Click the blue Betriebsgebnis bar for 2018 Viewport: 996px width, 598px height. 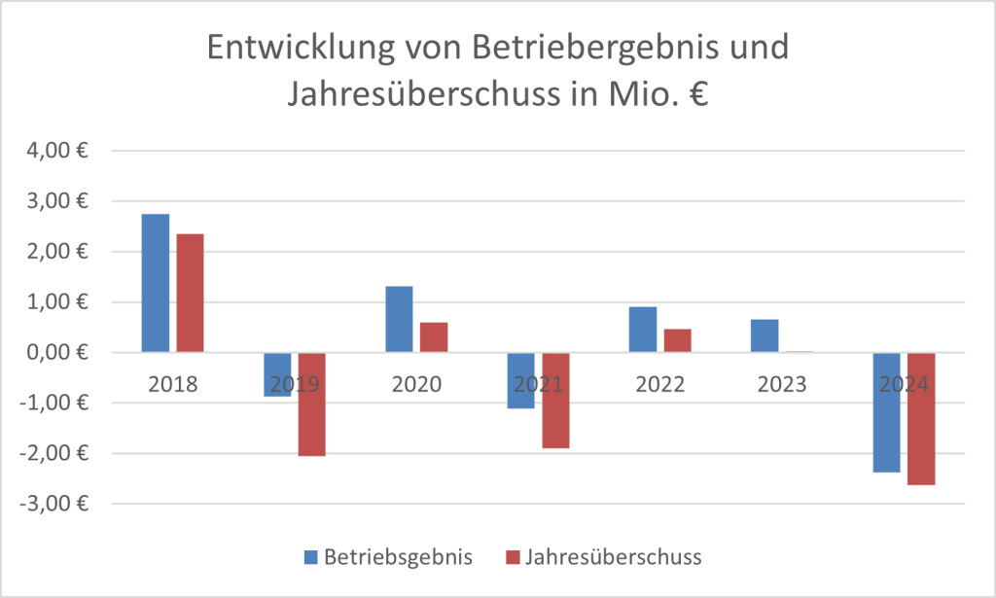(x=156, y=282)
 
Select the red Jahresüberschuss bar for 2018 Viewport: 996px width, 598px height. (x=190, y=293)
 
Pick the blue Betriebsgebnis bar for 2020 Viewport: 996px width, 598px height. (x=399, y=319)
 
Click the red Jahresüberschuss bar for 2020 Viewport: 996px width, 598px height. (x=434, y=336)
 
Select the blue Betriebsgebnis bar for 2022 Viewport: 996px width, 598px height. (x=643, y=329)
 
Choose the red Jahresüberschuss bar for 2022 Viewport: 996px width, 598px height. (x=677, y=340)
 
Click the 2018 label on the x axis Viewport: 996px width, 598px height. (x=173, y=384)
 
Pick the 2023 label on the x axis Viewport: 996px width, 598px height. (x=782, y=384)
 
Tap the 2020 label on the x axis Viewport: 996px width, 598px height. (x=416, y=384)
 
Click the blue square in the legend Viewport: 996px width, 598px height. (x=310, y=557)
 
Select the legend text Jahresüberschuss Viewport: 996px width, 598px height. (x=614, y=557)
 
